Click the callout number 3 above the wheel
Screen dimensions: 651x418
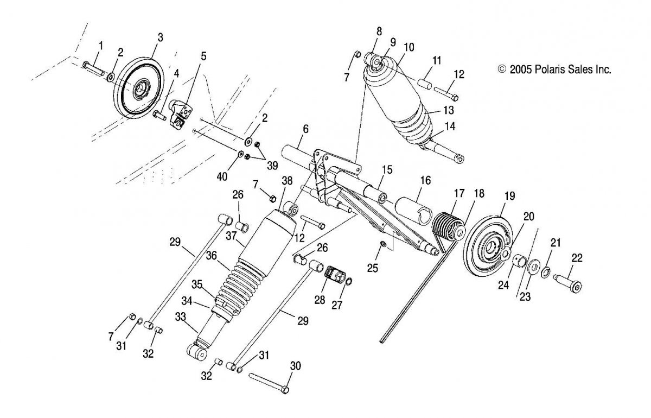pos(160,37)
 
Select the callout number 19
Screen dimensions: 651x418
pos(509,196)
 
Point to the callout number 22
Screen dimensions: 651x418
pos(577,258)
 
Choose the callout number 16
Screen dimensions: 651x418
pos(425,181)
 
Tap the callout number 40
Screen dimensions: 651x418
pos(222,176)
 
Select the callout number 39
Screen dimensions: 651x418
pos(272,166)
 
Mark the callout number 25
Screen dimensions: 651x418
pos(373,268)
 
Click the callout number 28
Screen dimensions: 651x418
pos(320,300)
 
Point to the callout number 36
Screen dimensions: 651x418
pos(211,256)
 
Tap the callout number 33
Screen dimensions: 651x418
pos(181,317)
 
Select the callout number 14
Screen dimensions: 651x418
pos(450,126)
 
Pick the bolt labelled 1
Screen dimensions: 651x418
pos(93,69)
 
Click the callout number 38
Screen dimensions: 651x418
pos(287,181)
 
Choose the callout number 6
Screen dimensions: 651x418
pos(305,129)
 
